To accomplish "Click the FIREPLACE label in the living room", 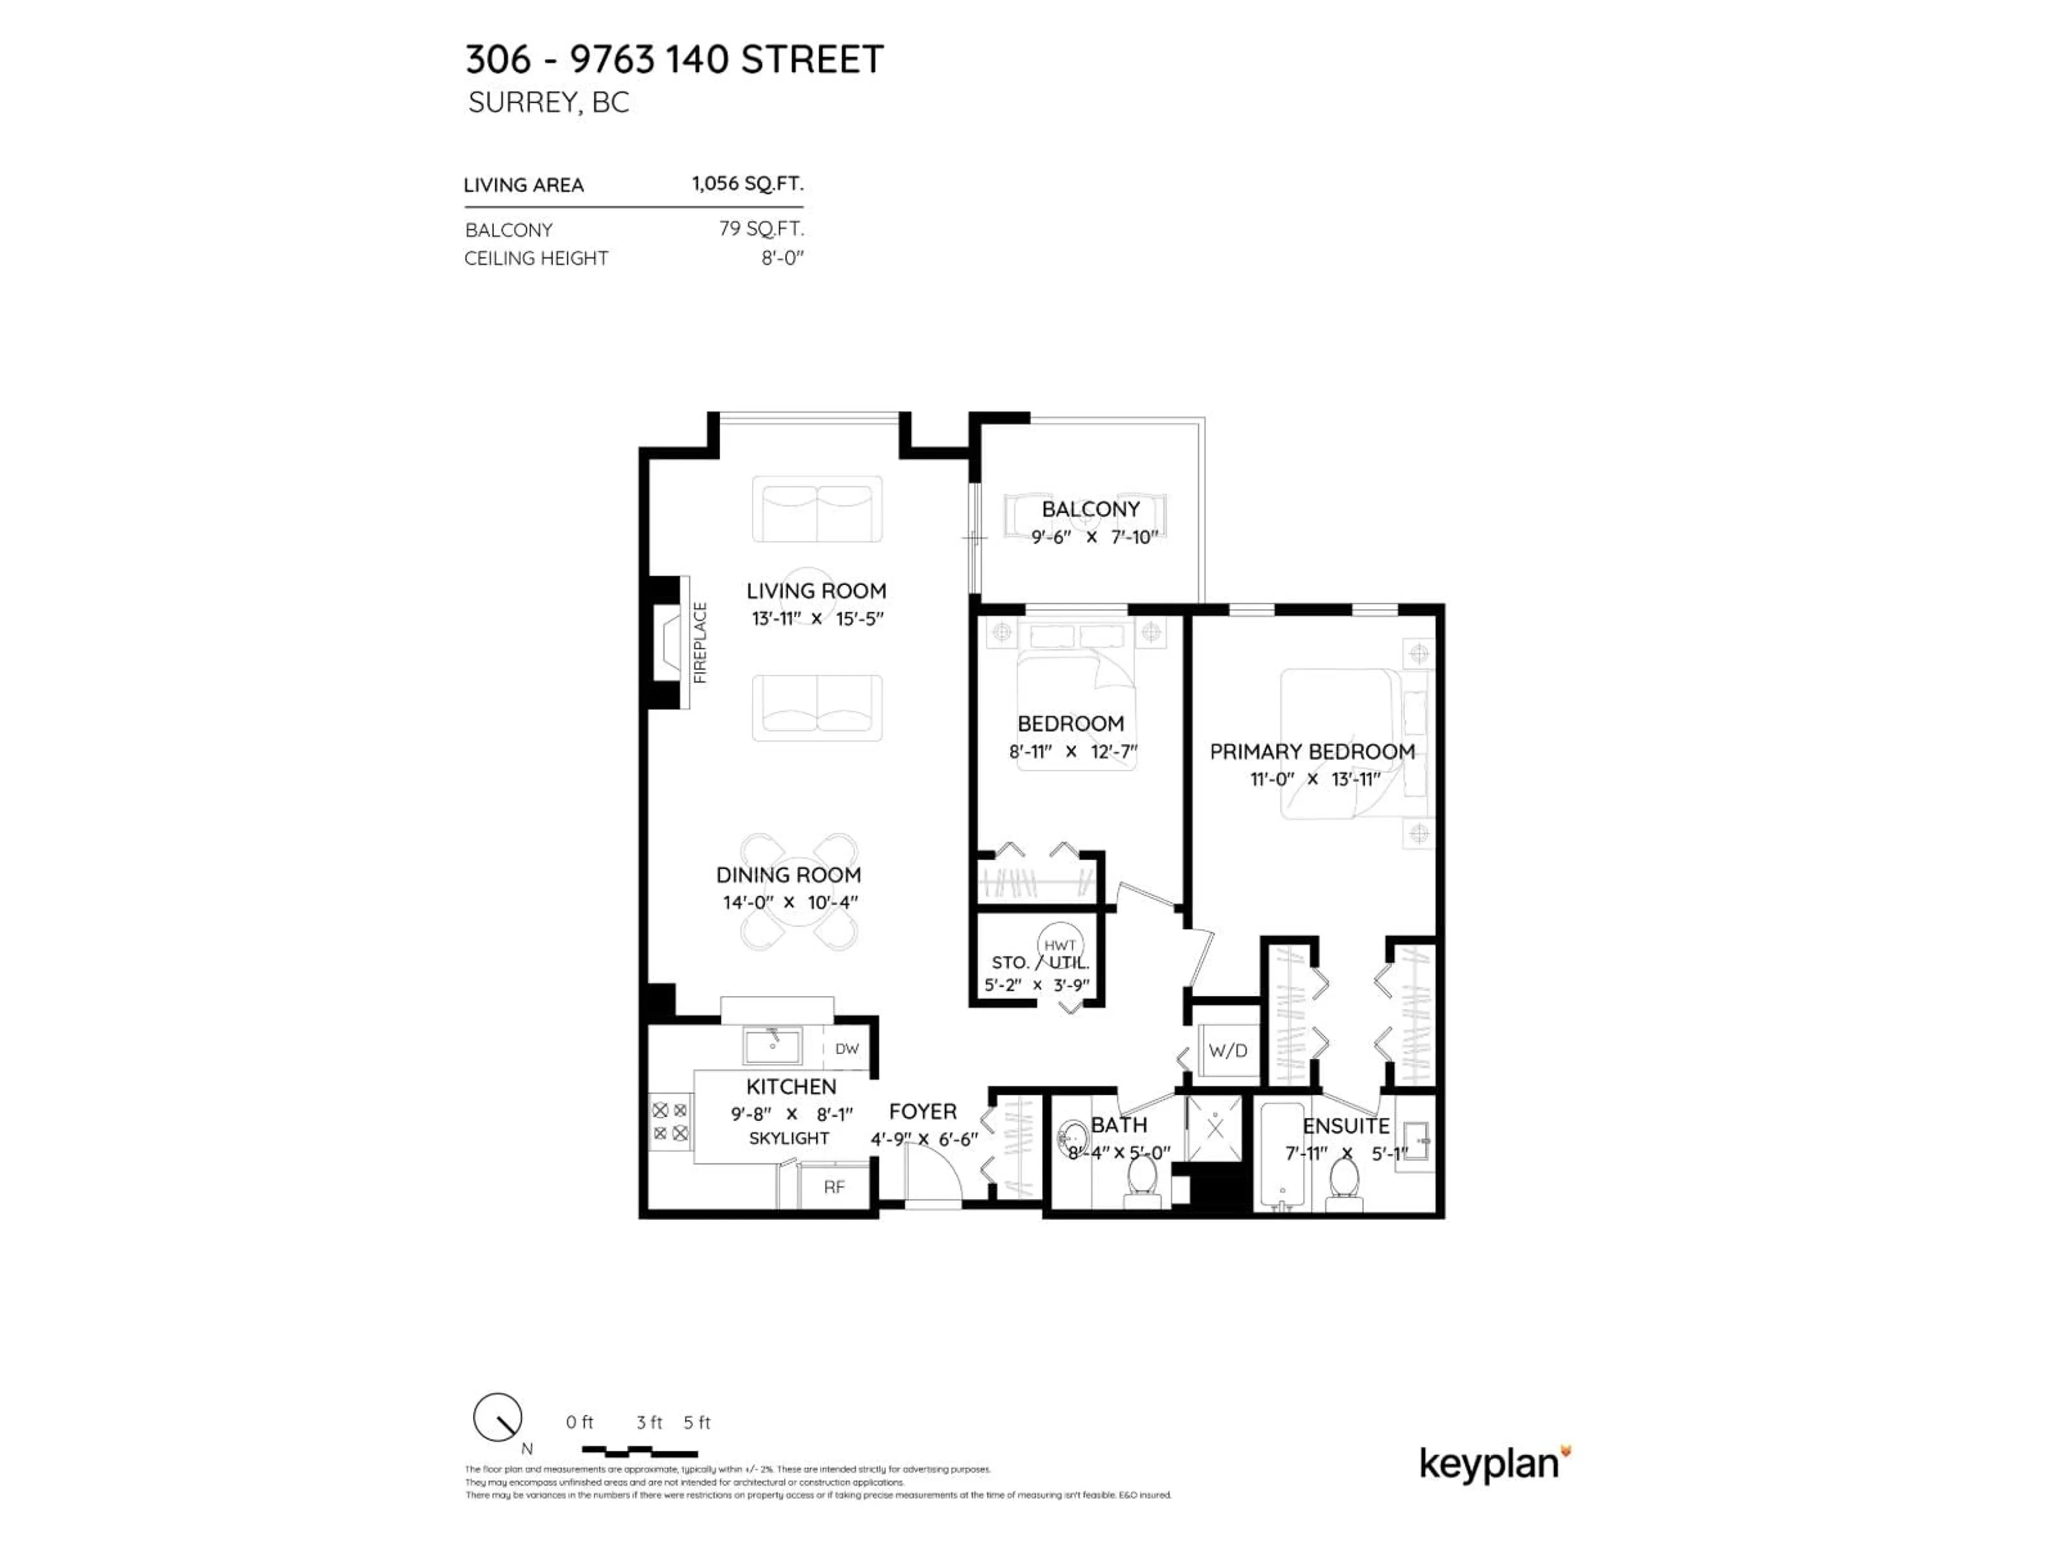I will (700, 642).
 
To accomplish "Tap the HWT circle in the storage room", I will (1060, 944).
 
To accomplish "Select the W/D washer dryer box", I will (1227, 1050).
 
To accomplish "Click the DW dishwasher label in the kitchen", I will (846, 1048).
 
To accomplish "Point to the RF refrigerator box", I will (834, 1187).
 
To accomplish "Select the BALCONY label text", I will (1090, 509).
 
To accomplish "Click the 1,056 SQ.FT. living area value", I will (747, 183).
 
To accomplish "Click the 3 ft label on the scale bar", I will (649, 1422).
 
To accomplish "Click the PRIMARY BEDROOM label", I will (1311, 751).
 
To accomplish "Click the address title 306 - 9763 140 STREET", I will (674, 59).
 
